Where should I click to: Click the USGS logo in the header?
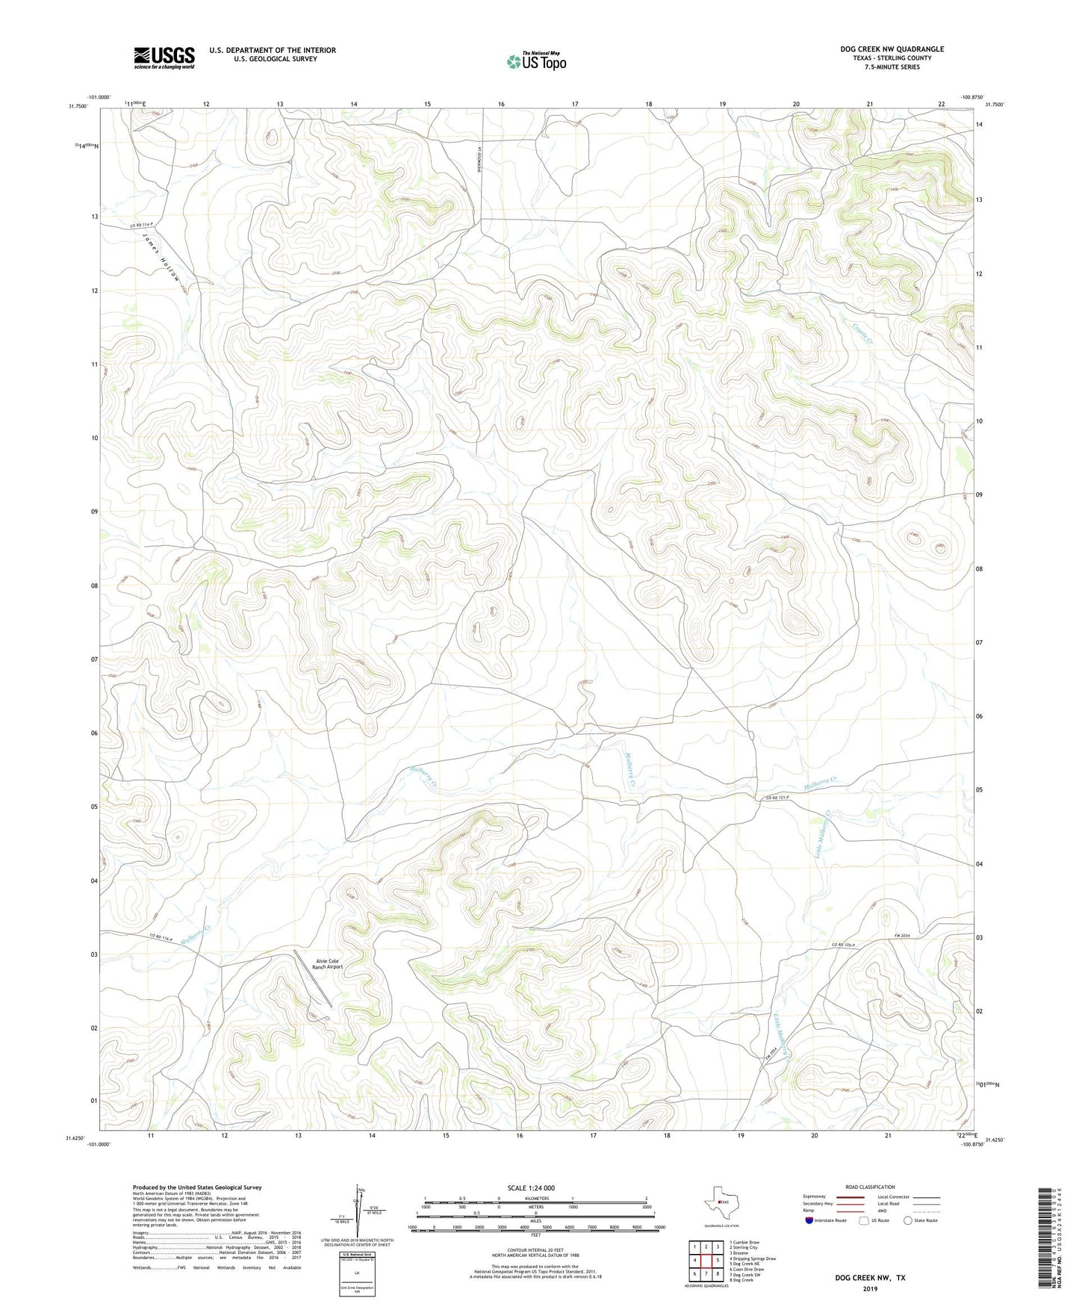pos(164,58)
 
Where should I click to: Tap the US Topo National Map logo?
pos(536,60)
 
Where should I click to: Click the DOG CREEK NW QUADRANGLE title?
pos(892,49)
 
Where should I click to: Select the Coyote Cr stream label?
pos(862,329)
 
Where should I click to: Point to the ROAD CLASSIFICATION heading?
pos(870,1187)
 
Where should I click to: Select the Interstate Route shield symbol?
pos(810,1220)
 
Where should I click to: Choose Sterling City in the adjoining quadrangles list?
pos(744,1247)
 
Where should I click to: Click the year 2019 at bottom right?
pos(870,1288)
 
